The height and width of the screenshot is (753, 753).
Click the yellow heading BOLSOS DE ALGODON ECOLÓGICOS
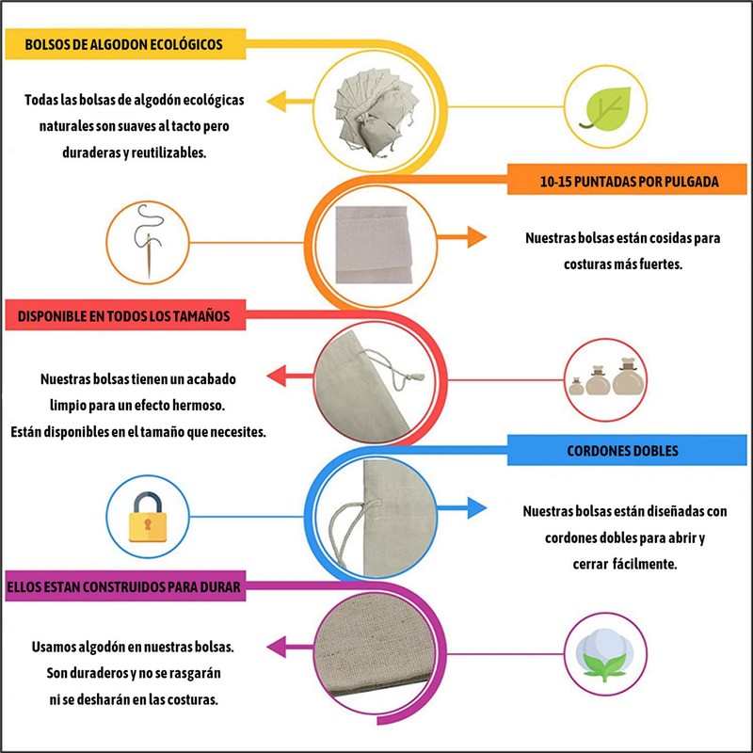[x=124, y=44]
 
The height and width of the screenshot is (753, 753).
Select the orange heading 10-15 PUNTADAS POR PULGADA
[x=630, y=182]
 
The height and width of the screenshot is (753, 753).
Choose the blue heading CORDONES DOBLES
[x=622, y=451]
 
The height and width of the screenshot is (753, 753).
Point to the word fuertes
[x=653, y=264]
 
